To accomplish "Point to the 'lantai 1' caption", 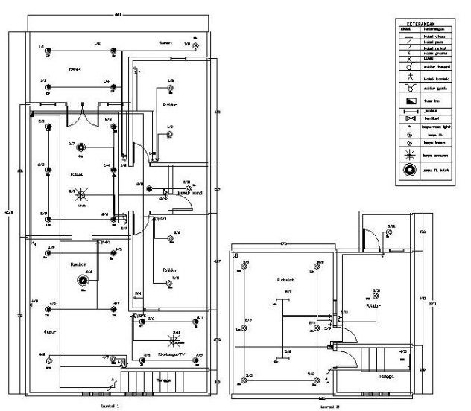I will [110, 407].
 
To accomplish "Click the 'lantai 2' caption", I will [329, 407].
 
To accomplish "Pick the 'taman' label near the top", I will [165, 43].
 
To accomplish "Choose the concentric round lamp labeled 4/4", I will [80, 281].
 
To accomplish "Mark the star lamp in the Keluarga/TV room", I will [176, 342].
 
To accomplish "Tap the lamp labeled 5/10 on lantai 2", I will [390, 232].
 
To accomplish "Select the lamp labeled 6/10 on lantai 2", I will [376, 295].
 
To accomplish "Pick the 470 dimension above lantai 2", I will [284, 243].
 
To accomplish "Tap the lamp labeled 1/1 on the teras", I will [48, 52].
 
